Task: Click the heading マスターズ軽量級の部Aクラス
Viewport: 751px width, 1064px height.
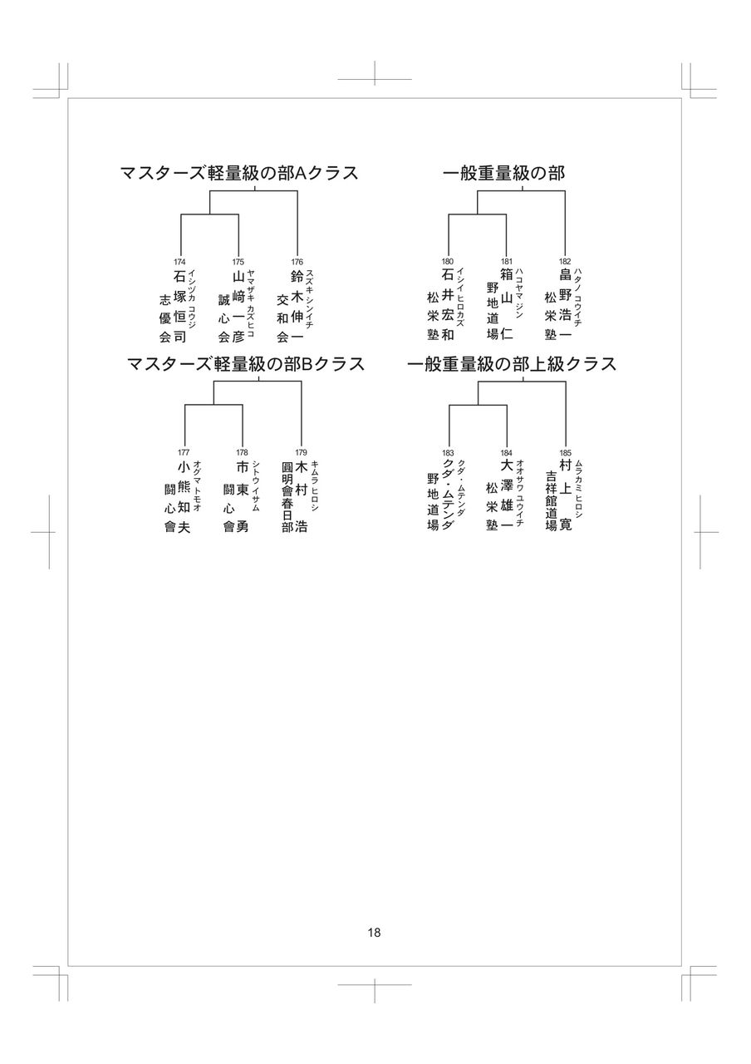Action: coord(239,173)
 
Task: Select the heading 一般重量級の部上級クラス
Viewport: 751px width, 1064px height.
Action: coord(511,364)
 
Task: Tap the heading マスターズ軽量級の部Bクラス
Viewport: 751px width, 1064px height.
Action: coord(246,364)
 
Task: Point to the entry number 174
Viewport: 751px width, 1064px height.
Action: coord(179,262)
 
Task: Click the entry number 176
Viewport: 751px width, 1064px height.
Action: coord(297,262)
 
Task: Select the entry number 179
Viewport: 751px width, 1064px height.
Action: coord(301,452)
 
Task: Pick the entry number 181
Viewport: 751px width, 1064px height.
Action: coord(506,262)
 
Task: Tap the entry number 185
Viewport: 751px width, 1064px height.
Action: coord(565,452)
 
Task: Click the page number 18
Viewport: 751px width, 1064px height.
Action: coord(374,933)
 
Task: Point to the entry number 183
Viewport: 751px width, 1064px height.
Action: coord(448,452)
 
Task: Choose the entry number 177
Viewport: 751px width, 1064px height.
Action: coord(184,452)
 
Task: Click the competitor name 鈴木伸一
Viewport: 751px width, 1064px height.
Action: coord(297,306)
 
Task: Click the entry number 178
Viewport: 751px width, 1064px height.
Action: coord(242,452)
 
